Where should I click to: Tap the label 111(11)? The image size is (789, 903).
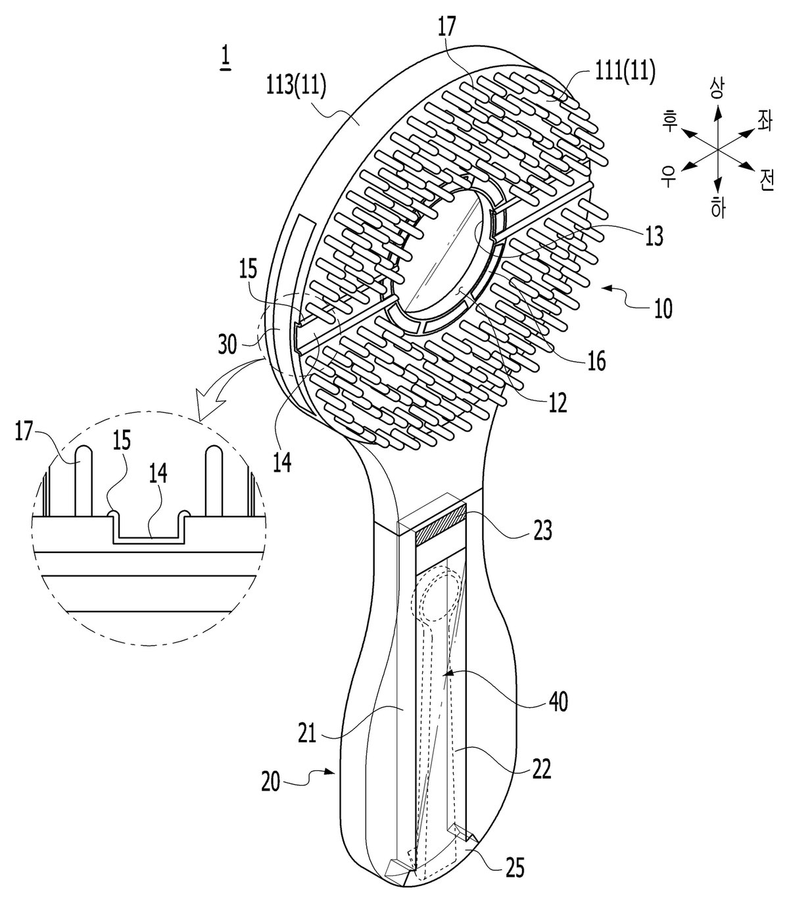pyautogui.click(x=625, y=70)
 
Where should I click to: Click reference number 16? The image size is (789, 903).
pyautogui.click(x=596, y=362)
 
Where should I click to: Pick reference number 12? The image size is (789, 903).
pyautogui.click(x=558, y=403)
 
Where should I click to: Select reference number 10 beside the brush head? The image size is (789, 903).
pyautogui.click(x=663, y=308)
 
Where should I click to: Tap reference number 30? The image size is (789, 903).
pyautogui.click(x=227, y=345)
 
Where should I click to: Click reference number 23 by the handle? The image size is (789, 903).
pyautogui.click(x=543, y=531)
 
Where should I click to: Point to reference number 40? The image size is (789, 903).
pyautogui.click(x=558, y=702)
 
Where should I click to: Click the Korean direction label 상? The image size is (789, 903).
pyautogui.click(x=718, y=88)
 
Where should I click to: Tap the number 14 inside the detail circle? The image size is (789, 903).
pyautogui.click(x=158, y=474)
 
